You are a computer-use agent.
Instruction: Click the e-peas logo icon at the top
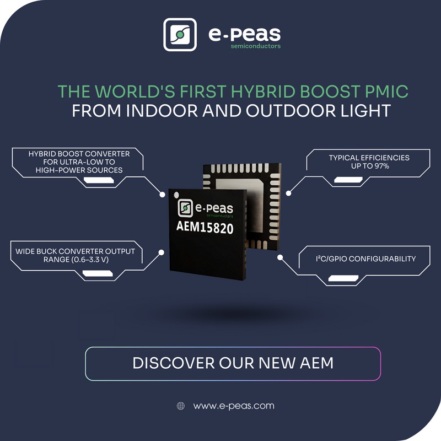click(x=180, y=35)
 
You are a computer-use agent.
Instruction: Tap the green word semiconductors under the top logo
click(x=256, y=46)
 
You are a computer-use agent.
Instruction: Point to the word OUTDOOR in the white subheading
click(x=291, y=111)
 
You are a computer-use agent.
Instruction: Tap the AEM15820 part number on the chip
click(x=205, y=227)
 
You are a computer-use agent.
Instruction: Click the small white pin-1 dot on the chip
click(x=176, y=195)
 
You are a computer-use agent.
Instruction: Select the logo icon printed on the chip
click(x=185, y=208)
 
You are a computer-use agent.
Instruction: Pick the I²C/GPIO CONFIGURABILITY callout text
click(x=365, y=259)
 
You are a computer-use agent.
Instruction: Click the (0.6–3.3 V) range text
click(x=90, y=259)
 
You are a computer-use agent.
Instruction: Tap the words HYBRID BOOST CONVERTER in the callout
click(x=79, y=154)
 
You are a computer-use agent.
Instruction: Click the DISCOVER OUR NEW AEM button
click(x=233, y=364)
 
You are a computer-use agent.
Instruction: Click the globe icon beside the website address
click(x=181, y=406)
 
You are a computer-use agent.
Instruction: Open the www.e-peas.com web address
click(x=234, y=406)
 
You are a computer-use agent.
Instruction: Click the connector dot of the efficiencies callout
click(x=288, y=193)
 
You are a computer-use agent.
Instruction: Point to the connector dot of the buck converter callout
click(x=161, y=252)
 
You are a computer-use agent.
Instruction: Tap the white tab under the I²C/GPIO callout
click(x=343, y=278)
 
